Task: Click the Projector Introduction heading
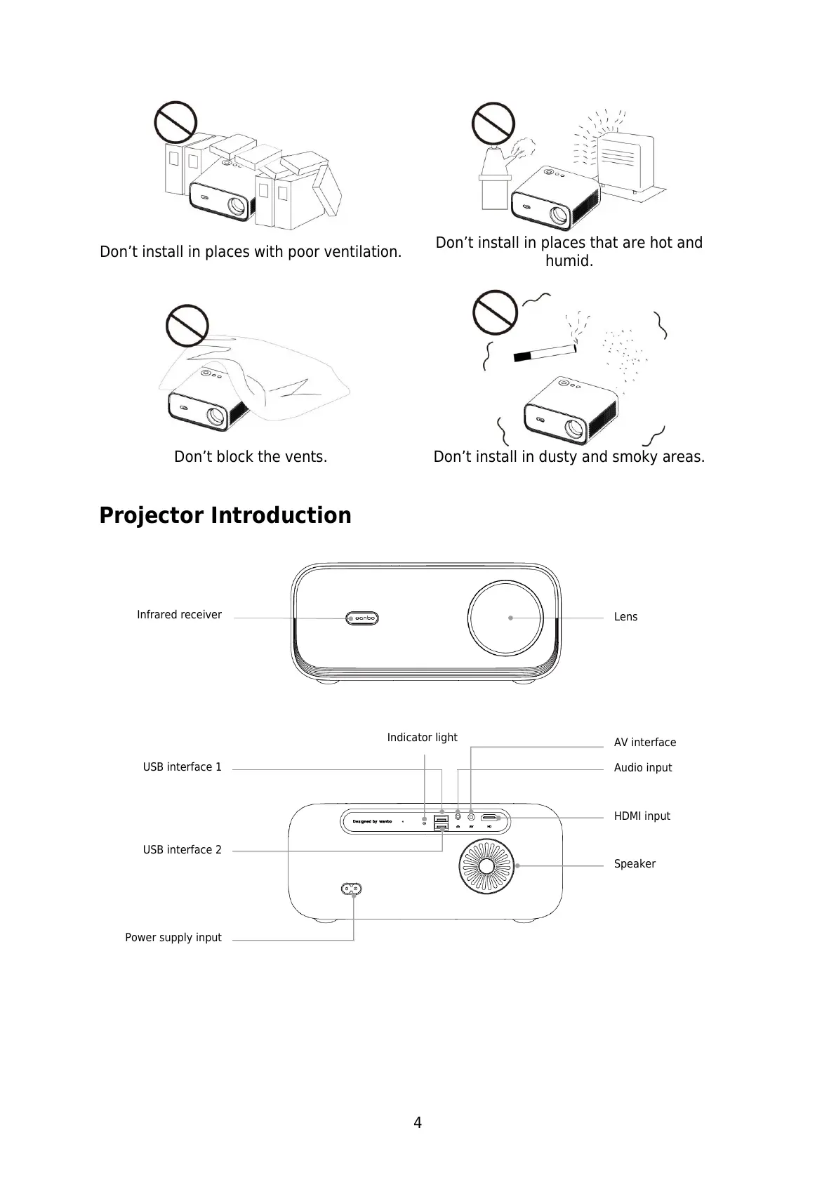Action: [225, 515]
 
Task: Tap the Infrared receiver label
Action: [179, 615]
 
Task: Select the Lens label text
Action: [625, 617]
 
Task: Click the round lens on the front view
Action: [506, 618]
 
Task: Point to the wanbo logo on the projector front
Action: [363, 618]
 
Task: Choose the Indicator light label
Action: [422, 738]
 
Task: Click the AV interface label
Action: [644, 743]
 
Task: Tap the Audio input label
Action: [642, 768]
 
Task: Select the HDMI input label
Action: [642, 816]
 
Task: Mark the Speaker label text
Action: [635, 864]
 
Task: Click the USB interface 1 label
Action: [182, 767]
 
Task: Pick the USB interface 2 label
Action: [182, 850]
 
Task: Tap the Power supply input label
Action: [173, 938]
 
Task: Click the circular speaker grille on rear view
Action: [486, 865]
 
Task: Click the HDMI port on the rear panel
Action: [490, 818]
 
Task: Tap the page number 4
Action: [418, 1123]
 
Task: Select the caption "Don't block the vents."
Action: [251, 457]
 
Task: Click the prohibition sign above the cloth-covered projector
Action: [187, 326]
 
